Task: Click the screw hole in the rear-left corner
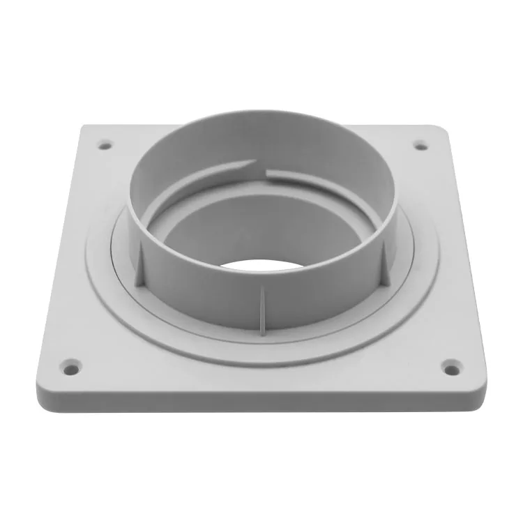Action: [105, 145]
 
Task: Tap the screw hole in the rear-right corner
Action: [420, 145]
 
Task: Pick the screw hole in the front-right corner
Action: [451, 365]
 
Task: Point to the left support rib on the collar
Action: [139, 263]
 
